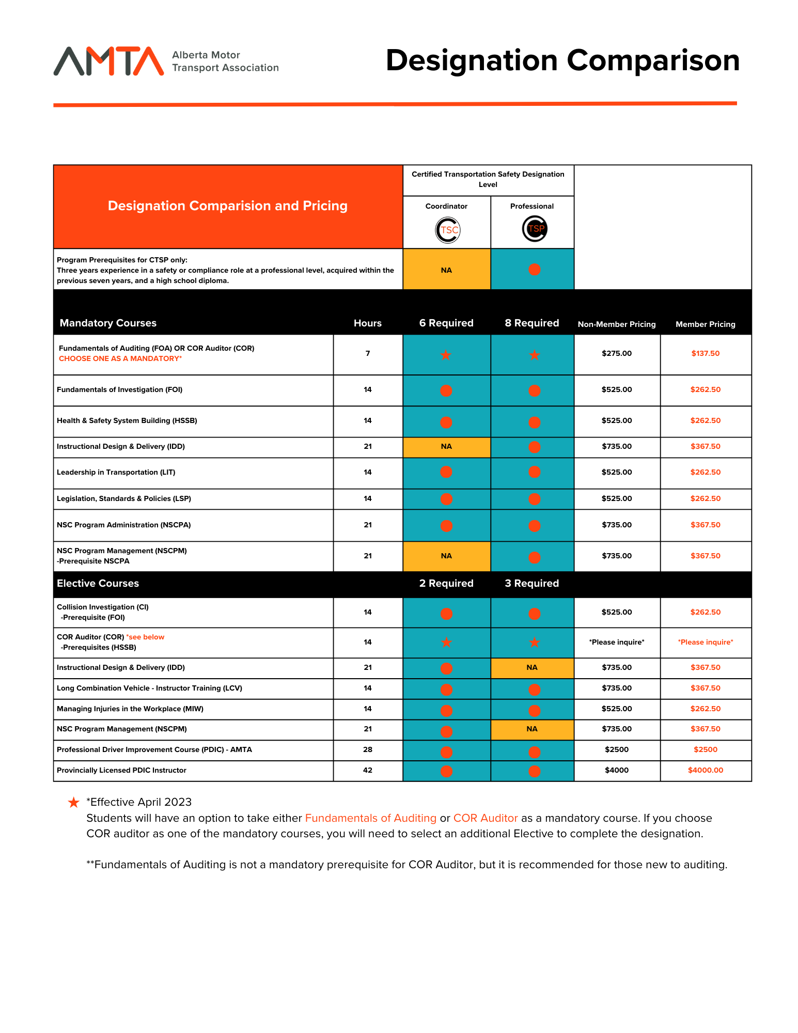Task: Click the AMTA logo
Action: click(x=108, y=61)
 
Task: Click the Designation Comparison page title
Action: click(x=562, y=60)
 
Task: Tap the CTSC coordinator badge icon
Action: click(x=447, y=230)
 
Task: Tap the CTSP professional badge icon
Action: click(x=534, y=229)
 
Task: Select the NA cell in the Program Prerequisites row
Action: click(x=446, y=270)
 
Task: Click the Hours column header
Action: click(x=367, y=323)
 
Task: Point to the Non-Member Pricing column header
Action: click(x=616, y=324)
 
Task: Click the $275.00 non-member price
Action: click(x=616, y=353)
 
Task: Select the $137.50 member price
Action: click(x=705, y=353)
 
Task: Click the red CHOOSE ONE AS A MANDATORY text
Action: click(x=120, y=358)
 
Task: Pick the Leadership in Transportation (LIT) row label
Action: click(x=116, y=472)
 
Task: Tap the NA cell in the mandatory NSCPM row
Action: click(x=446, y=556)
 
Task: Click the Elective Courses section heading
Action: click(x=98, y=583)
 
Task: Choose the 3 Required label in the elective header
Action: click(x=531, y=583)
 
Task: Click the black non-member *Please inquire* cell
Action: click(x=616, y=642)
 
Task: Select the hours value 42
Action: click(x=367, y=770)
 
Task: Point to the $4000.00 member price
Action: click(x=705, y=770)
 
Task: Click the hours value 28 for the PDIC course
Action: click(x=367, y=749)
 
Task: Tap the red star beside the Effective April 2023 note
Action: click(x=74, y=802)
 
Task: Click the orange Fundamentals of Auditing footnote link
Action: click(x=370, y=818)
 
